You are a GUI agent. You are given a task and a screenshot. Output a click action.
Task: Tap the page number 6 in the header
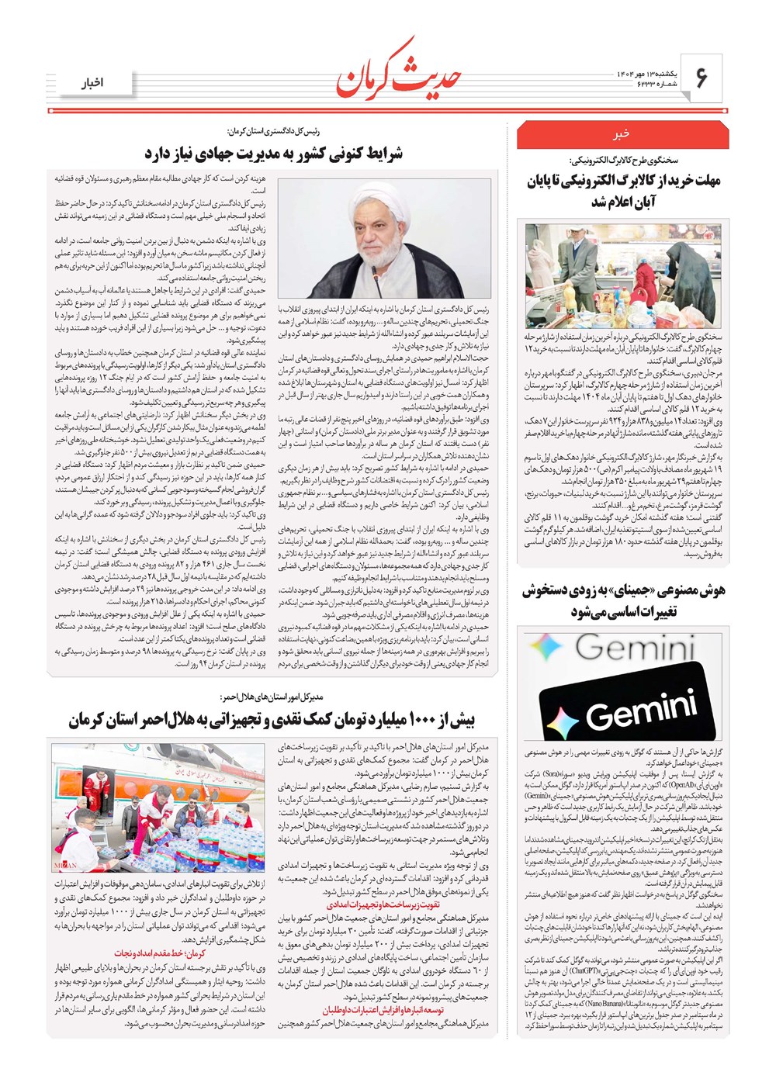(x=702, y=78)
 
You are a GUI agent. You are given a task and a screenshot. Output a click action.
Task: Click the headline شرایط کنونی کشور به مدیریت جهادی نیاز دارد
(x=273, y=153)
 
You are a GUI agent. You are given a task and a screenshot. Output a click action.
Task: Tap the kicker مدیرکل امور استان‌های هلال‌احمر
(x=282, y=697)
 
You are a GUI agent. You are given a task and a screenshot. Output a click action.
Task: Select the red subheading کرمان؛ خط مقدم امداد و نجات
(x=168, y=953)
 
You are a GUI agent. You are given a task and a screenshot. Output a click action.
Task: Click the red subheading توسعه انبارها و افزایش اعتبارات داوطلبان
(x=387, y=1011)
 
